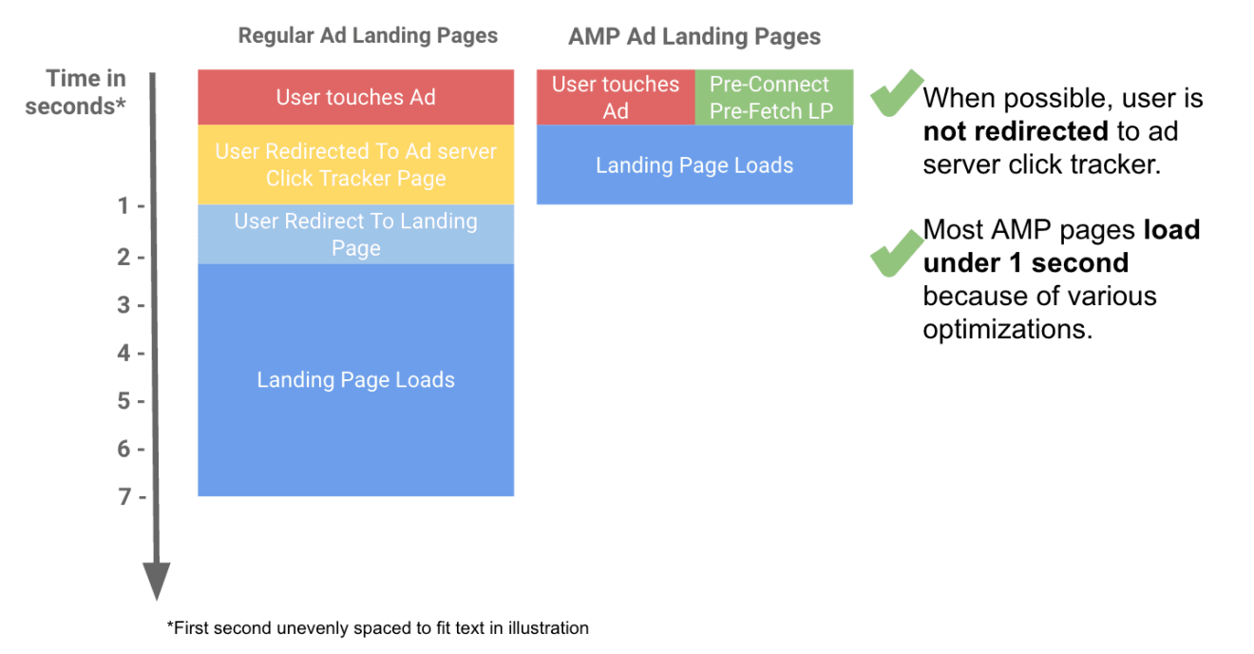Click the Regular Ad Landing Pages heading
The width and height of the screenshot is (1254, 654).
pyautogui.click(x=368, y=36)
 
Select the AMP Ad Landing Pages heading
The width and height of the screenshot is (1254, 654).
pyautogui.click(x=694, y=37)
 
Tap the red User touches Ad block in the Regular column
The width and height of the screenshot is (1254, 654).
pyautogui.click(x=355, y=97)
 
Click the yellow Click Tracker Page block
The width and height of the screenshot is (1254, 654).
pyautogui.click(x=355, y=164)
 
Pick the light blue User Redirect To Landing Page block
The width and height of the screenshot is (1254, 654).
pyautogui.click(x=355, y=234)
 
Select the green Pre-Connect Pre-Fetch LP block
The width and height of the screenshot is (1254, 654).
pyautogui.click(x=773, y=97)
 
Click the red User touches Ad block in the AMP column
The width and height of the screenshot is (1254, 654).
pyautogui.click(x=616, y=97)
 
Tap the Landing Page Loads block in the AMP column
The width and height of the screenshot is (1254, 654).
pyautogui.click(x=694, y=165)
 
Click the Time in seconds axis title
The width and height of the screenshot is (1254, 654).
pyautogui.click(x=76, y=92)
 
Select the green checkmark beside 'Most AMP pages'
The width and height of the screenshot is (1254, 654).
pyautogui.click(x=895, y=251)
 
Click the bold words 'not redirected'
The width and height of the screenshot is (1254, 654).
pyautogui.click(x=1015, y=131)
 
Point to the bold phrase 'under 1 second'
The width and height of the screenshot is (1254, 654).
pyautogui.click(x=1026, y=262)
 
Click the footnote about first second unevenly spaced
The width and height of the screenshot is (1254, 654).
pyautogui.click(x=377, y=628)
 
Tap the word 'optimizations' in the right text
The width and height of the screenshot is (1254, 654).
pyautogui.click(x=1007, y=329)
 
